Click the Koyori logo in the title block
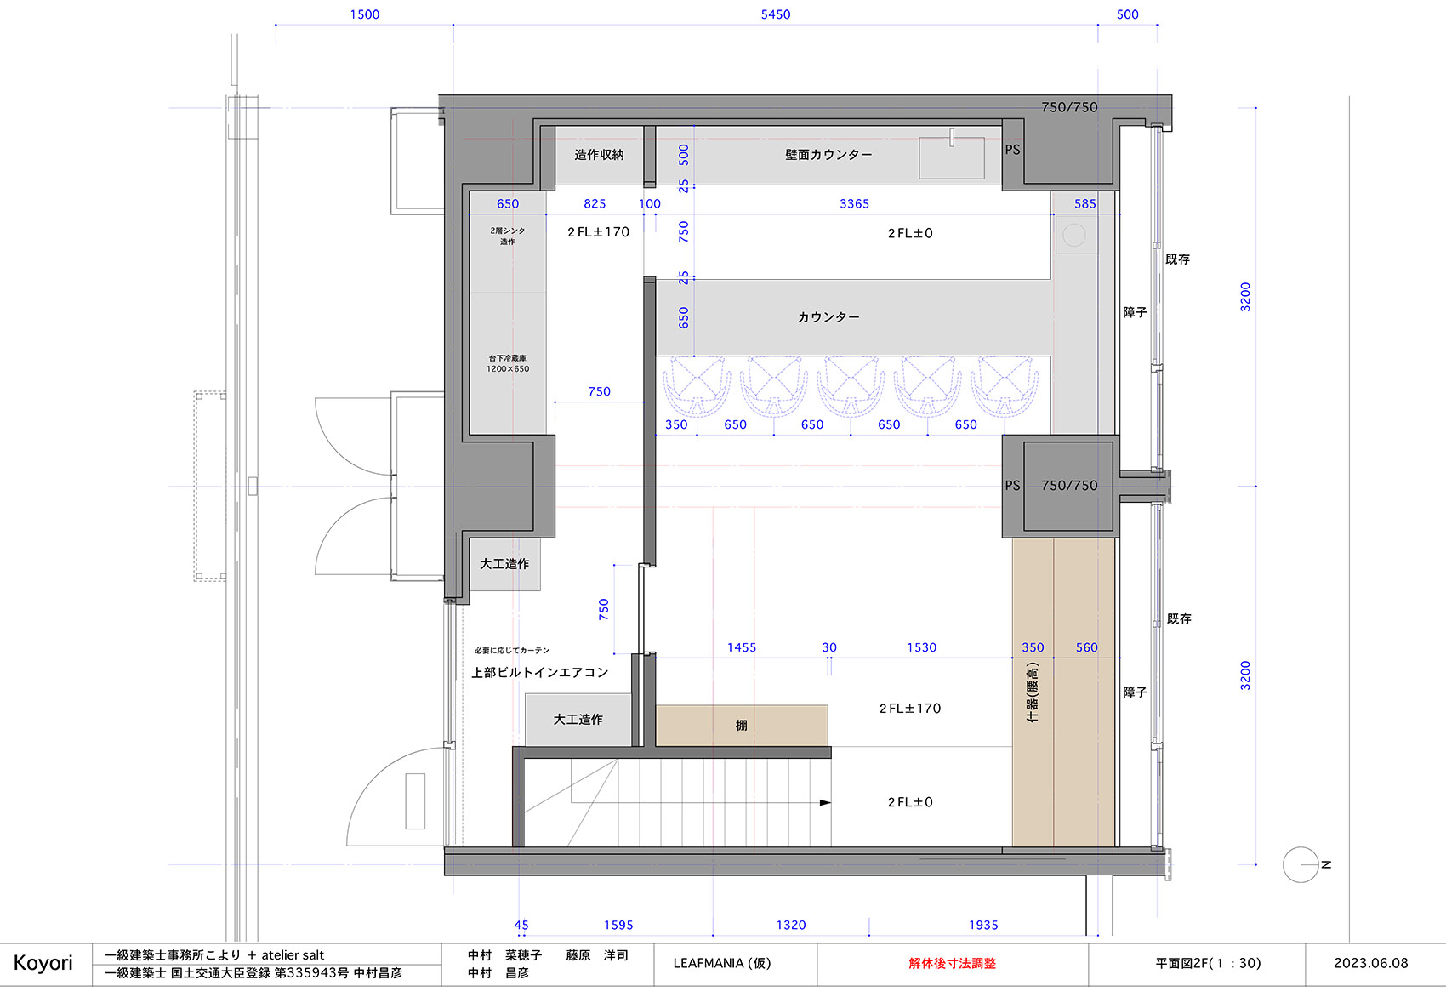(x=43, y=963)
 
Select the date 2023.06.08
(x=1370, y=963)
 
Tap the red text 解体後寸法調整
(x=952, y=963)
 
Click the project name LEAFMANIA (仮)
(x=722, y=963)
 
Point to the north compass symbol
(x=1301, y=864)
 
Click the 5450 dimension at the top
(x=775, y=14)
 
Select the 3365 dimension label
(x=854, y=204)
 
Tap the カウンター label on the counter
(x=828, y=317)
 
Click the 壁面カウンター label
(x=828, y=155)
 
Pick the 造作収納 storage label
(x=599, y=155)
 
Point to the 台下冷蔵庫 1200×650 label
(x=508, y=363)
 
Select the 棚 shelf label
(x=741, y=726)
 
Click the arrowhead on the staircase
(x=824, y=802)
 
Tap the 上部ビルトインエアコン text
(x=540, y=673)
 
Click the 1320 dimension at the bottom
(x=790, y=925)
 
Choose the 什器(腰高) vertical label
(x=1033, y=692)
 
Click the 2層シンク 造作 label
(x=508, y=236)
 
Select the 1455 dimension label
(x=741, y=647)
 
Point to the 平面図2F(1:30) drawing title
(x=1208, y=963)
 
